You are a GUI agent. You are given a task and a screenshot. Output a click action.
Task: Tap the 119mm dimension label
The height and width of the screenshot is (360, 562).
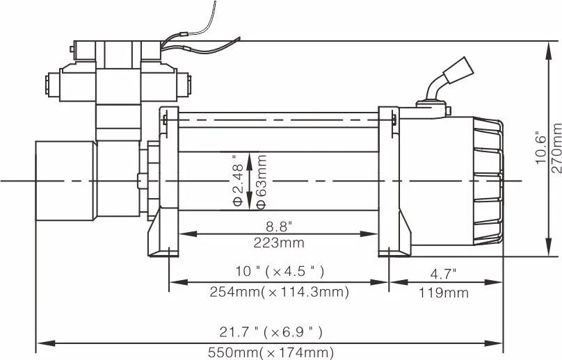444,293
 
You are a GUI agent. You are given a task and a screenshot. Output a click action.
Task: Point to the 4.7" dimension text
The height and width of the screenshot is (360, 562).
444,272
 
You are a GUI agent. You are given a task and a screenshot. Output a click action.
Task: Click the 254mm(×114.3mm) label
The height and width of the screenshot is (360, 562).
279,293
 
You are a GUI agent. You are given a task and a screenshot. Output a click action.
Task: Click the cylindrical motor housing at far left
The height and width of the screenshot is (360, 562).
64,181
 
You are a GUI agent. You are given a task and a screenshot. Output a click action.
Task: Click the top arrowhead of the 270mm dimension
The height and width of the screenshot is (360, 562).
547,46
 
